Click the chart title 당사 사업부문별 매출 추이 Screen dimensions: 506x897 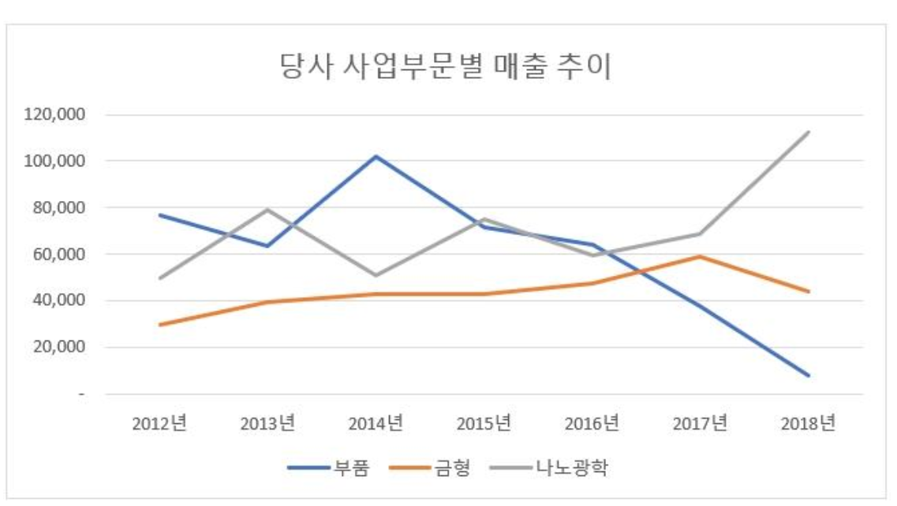[x=447, y=67]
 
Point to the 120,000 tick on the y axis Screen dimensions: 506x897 [x=56, y=115]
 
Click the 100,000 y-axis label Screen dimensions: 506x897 [x=56, y=162]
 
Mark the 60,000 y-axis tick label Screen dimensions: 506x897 [x=60, y=255]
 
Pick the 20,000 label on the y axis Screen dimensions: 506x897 [x=60, y=348]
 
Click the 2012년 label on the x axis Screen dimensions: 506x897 [x=159, y=423]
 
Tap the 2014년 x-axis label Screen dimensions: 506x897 [x=376, y=423]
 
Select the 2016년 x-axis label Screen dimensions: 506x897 [x=592, y=423]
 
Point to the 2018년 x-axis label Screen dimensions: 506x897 [x=808, y=423]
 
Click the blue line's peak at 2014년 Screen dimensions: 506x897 [x=376, y=156]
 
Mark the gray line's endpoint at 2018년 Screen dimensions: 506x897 [x=808, y=132]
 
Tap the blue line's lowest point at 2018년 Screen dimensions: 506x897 [x=808, y=375]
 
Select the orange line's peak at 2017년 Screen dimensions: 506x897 [x=700, y=256]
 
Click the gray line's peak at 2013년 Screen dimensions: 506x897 [x=267, y=210]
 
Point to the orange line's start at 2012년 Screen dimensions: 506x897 [x=159, y=325]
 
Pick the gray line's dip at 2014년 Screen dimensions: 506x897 [x=376, y=276]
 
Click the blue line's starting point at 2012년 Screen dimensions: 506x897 [x=159, y=214]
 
